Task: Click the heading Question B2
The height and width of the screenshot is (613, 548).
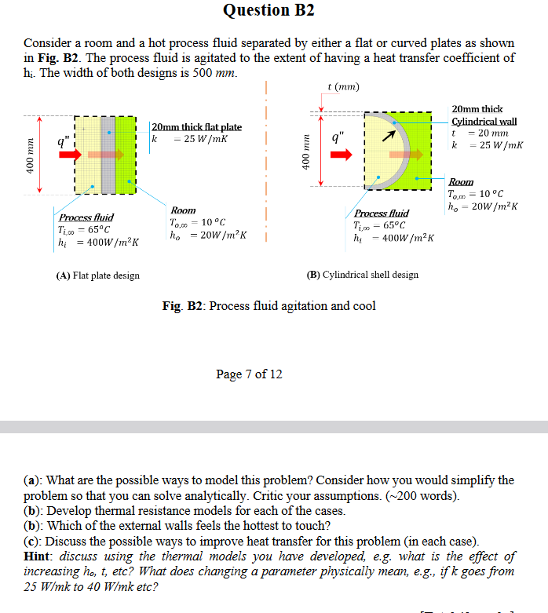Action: point(269,10)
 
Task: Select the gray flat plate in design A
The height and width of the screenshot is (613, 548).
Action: point(108,155)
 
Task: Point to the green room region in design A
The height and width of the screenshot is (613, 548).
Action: point(126,155)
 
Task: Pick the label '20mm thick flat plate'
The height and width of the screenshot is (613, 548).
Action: point(196,127)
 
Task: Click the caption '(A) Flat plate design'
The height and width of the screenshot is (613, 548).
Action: point(98,275)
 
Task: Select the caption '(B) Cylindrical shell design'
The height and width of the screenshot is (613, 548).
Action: point(363,275)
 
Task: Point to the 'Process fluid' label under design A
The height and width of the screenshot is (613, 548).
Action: point(86,217)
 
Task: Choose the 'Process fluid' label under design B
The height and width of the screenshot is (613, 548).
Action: point(382,213)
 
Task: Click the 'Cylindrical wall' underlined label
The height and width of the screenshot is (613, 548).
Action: point(484,121)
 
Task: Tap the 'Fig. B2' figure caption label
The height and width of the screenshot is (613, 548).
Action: point(181,305)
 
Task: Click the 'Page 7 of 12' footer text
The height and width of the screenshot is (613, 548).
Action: point(249,374)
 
